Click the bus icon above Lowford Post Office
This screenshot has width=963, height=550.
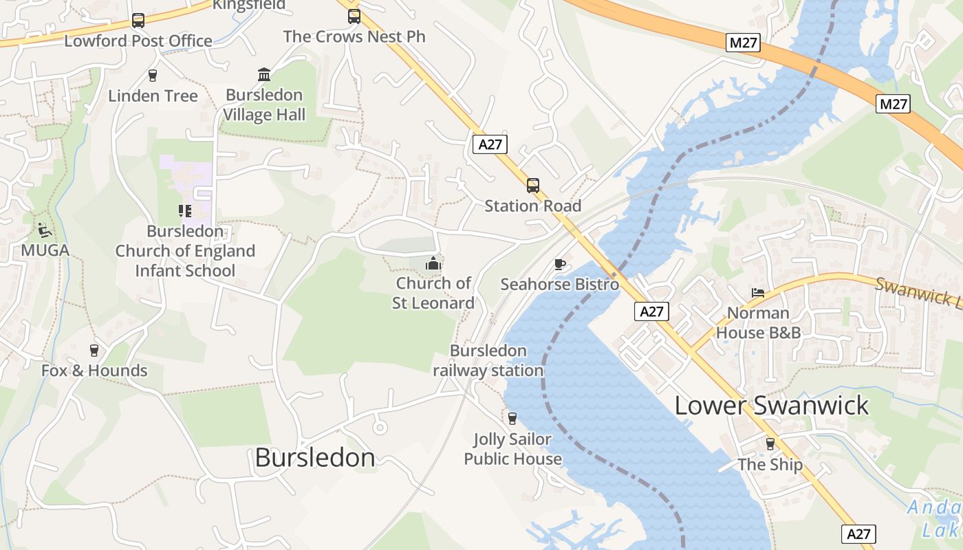click(138, 21)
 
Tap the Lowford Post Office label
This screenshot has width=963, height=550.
click(138, 41)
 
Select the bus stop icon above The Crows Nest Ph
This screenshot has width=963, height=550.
click(354, 16)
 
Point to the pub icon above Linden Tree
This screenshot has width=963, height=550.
click(153, 76)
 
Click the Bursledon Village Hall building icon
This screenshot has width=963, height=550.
click(264, 74)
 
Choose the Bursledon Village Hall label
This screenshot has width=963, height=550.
click(264, 104)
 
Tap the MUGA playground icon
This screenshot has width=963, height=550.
click(45, 230)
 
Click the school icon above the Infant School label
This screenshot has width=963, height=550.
click(184, 211)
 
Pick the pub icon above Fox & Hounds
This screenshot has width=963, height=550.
click(94, 351)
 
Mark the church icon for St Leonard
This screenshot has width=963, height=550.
click(433, 263)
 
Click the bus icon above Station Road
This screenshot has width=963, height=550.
click(533, 186)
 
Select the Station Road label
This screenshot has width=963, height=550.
click(533, 206)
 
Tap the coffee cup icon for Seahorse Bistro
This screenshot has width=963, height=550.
click(560, 264)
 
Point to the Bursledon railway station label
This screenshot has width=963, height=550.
click(488, 360)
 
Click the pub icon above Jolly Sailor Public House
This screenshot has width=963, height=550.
click(512, 418)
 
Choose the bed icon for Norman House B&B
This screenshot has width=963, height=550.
click(758, 293)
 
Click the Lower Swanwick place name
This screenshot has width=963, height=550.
click(772, 406)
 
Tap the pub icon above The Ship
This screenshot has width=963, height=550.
click(770, 444)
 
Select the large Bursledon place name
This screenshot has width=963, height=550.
click(315, 458)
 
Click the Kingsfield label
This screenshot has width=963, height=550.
click(249, 5)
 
